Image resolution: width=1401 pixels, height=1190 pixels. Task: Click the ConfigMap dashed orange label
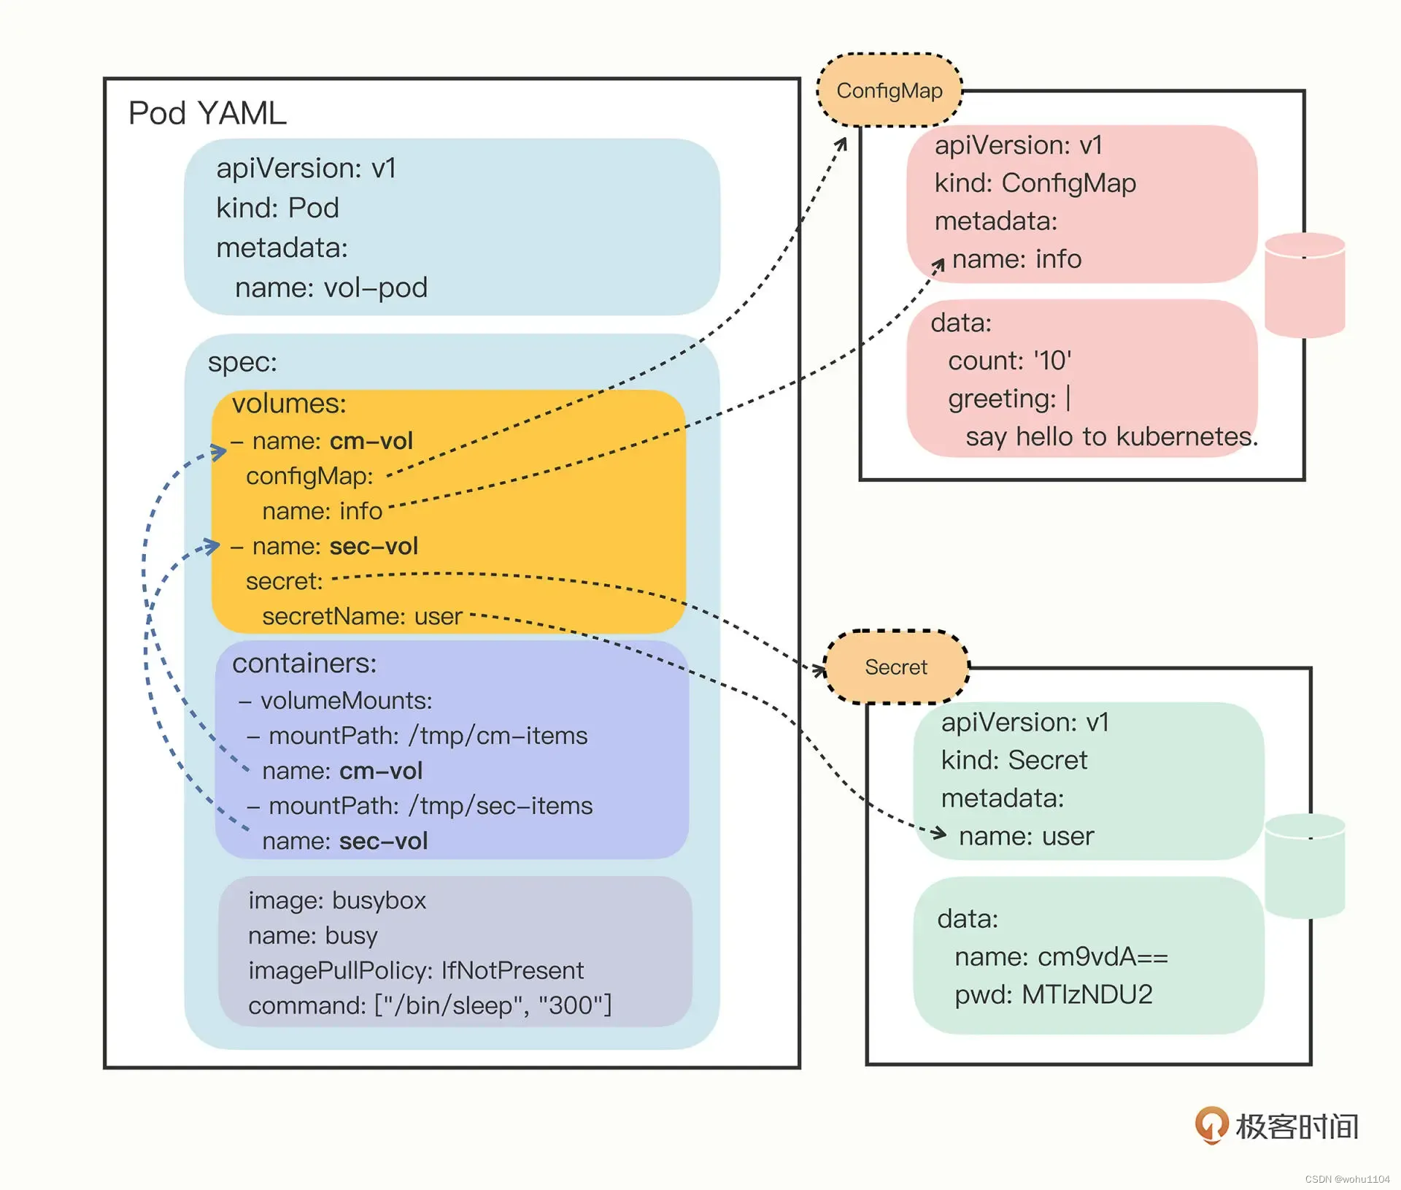(x=889, y=91)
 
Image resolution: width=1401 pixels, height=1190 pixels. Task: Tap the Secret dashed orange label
(x=896, y=667)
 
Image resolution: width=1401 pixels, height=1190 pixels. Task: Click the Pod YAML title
(x=207, y=114)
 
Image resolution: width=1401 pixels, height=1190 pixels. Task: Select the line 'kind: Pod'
(x=277, y=208)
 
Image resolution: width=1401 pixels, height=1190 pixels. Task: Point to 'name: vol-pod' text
(x=331, y=288)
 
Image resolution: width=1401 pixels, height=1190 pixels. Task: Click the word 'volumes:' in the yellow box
(x=289, y=404)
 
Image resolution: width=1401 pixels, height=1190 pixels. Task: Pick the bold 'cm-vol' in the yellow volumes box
(x=371, y=441)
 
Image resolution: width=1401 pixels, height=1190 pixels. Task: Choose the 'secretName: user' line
(x=362, y=617)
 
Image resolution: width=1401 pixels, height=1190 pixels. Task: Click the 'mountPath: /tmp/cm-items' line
(x=417, y=736)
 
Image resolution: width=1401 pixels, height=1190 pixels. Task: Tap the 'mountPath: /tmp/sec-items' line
(x=420, y=806)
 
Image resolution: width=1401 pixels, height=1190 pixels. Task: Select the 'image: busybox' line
(x=336, y=901)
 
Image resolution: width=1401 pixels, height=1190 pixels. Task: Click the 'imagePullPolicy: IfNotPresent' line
(x=416, y=971)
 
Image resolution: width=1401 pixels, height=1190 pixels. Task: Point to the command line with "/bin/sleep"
(x=430, y=1006)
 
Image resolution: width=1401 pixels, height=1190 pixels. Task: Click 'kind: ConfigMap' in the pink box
(x=1035, y=183)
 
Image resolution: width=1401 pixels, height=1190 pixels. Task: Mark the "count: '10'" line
(x=1010, y=361)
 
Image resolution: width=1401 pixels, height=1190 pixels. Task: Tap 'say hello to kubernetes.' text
(x=1112, y=437)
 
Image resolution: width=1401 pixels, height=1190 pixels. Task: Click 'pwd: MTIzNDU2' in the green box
(x=1054, y=994)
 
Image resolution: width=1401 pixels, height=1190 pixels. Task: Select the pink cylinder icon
(x=1305, y=285)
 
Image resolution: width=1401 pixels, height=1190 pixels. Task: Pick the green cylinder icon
(x=1305, y=867)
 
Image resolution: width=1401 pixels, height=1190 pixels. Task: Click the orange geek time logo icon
(x=1211, y=1126)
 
